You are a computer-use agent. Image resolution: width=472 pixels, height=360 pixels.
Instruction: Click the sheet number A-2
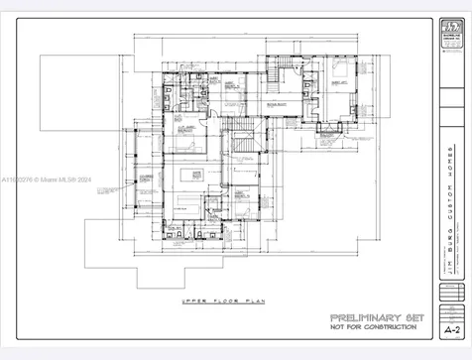[x=452, y=329]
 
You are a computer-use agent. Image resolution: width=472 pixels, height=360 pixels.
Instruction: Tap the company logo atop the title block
[x=452, y=31]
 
